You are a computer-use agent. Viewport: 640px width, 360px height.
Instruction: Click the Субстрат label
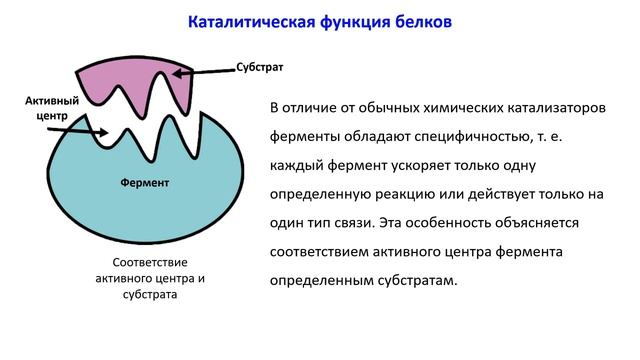260,68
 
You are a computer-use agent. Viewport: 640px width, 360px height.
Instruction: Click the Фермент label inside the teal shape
145,183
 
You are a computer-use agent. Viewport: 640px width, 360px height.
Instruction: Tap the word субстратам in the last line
410,280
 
